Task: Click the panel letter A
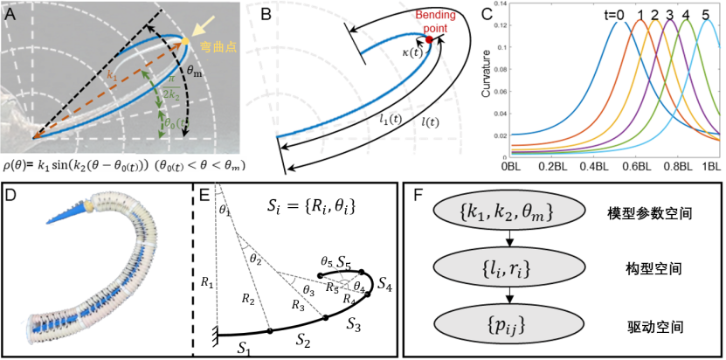tap(10, 11)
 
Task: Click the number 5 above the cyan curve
tap(705, 12)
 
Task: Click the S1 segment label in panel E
tap(243, 343)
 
